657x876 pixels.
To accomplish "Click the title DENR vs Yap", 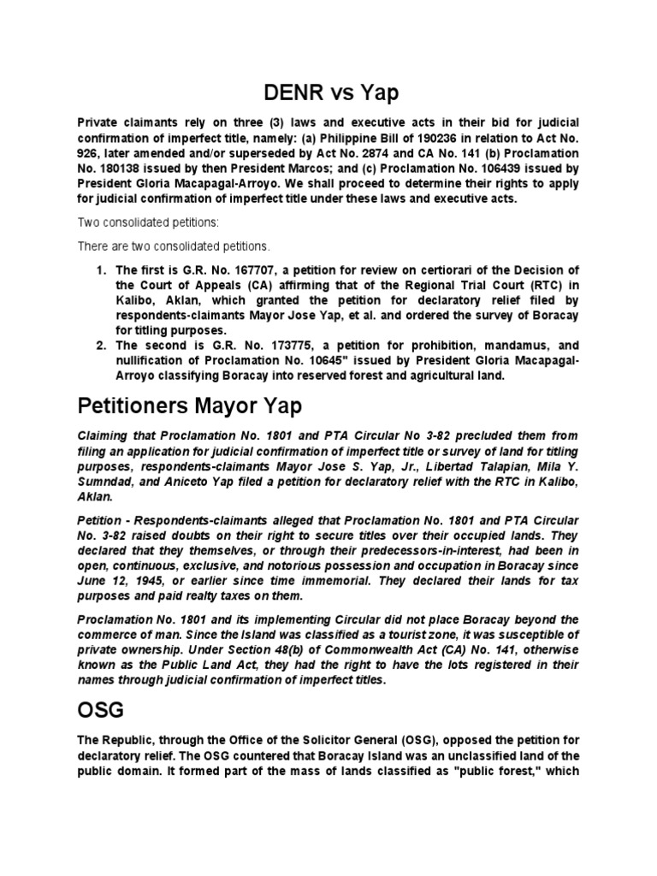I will pos(328,92).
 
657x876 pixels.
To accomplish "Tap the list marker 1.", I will pos(102,269).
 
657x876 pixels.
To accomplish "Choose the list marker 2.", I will pos(102,346).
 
